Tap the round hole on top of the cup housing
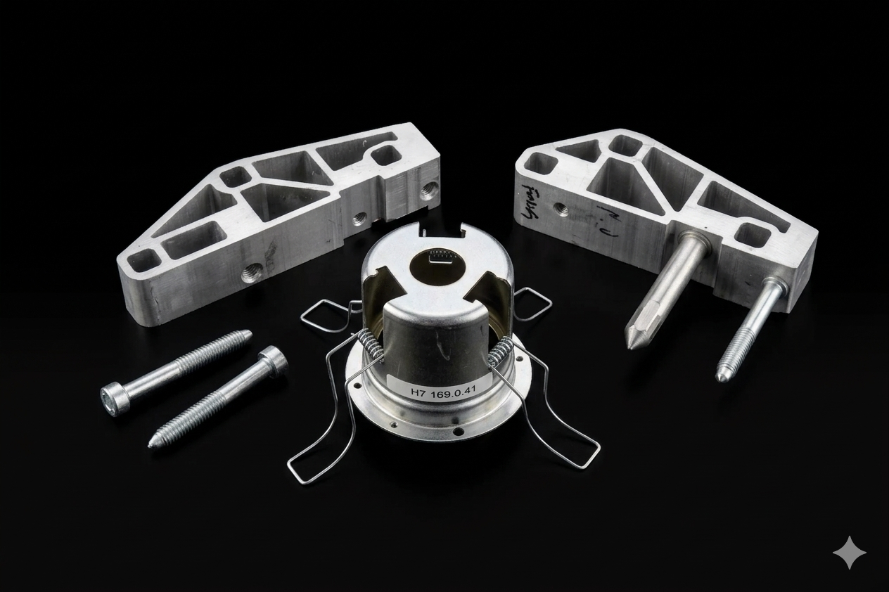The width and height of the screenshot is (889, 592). tap(438, 265)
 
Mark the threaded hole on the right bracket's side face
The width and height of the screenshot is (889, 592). tap(561, 208)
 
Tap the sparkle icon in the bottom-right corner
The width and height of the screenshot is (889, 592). tap(849, 553)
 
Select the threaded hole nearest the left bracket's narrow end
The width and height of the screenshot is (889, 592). tap(248, 271)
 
